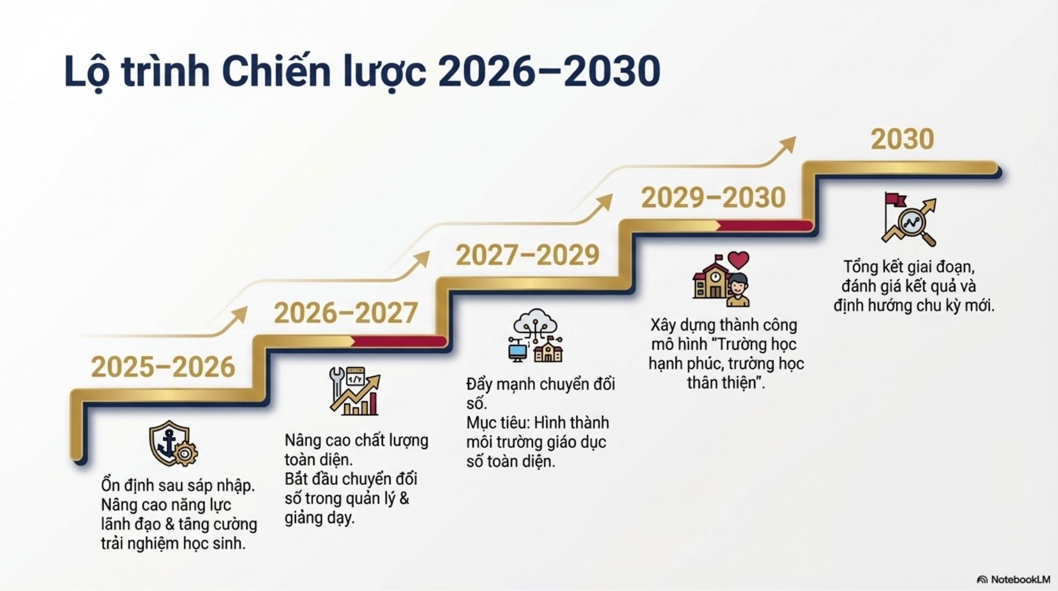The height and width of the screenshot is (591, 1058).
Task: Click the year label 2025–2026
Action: pyautogui.click(x=163, y=367)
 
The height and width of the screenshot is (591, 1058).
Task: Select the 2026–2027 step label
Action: pyautogui.click(x=346, y=313)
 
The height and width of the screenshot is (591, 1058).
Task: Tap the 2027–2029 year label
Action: pyautogui.click(x=528, y=255)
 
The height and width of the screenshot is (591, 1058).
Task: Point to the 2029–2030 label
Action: pyautogui.click(x=714, y=198)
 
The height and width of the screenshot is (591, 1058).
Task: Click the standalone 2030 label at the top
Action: pyautogui.click(x=902, y=139)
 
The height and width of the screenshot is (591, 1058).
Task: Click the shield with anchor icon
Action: pyautogui.click(x=173, y=443)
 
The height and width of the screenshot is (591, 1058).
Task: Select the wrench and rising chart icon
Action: pyautogui.click(x=355, y=391)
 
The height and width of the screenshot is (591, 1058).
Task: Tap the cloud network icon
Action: pyautogui.click(x=536, y=335)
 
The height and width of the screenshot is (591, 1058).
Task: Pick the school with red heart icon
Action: pyautogui.click(x=721, y=279)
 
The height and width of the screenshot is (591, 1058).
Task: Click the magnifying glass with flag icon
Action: pyautogui.click(x=909, y=219)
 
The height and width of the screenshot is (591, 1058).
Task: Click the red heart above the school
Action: pyautogui.click(x=738, y=260)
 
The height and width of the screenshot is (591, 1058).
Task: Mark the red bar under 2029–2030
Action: pyautogui.click(x=765, y=226)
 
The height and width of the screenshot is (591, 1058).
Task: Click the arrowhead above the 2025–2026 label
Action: pyautogui.click(x=239, y=316)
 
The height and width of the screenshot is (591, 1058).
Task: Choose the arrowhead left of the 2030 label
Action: pyautogui.click(x=787, y=145)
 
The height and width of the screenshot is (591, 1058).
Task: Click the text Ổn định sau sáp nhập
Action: pyautogui.click(x=178, y=486)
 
